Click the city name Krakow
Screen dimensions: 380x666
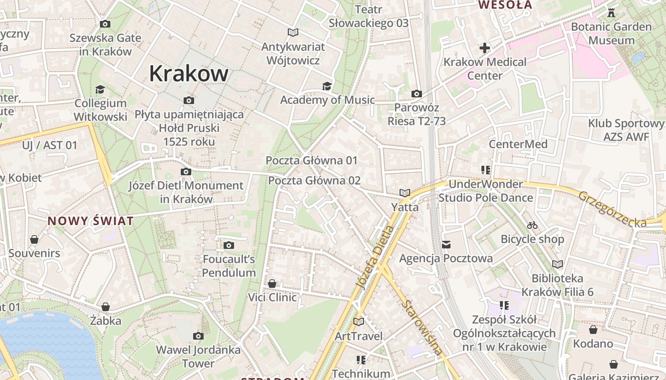[x=189, y=74]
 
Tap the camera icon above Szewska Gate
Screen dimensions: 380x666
[x=105, y=24]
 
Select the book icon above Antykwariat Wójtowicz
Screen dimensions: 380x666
[x=293, y=32]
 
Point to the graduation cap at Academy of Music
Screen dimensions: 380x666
[x=327, y=86]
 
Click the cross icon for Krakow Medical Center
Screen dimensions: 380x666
[x=485, y=48]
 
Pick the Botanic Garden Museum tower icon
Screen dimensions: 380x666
[x=611, y=13]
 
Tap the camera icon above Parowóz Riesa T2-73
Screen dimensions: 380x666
[x=417, y=94]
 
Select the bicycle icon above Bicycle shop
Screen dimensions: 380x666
[x=532, y=225]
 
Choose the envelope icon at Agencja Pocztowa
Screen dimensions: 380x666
[x=446, y=245]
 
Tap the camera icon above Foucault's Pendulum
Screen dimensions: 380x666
[x=229, y=245]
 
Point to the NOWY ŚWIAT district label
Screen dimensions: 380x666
[x=90, y=221]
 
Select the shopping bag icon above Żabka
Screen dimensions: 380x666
[x=106, y=307]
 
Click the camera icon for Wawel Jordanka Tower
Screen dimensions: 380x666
[x=198, y=336]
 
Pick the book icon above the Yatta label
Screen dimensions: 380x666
[x=405, y=193]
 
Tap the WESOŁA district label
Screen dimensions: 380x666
[x=505, y=5]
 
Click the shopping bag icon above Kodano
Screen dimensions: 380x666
[x=593, y=329]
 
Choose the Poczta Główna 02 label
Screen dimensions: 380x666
[x=314, y=180]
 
